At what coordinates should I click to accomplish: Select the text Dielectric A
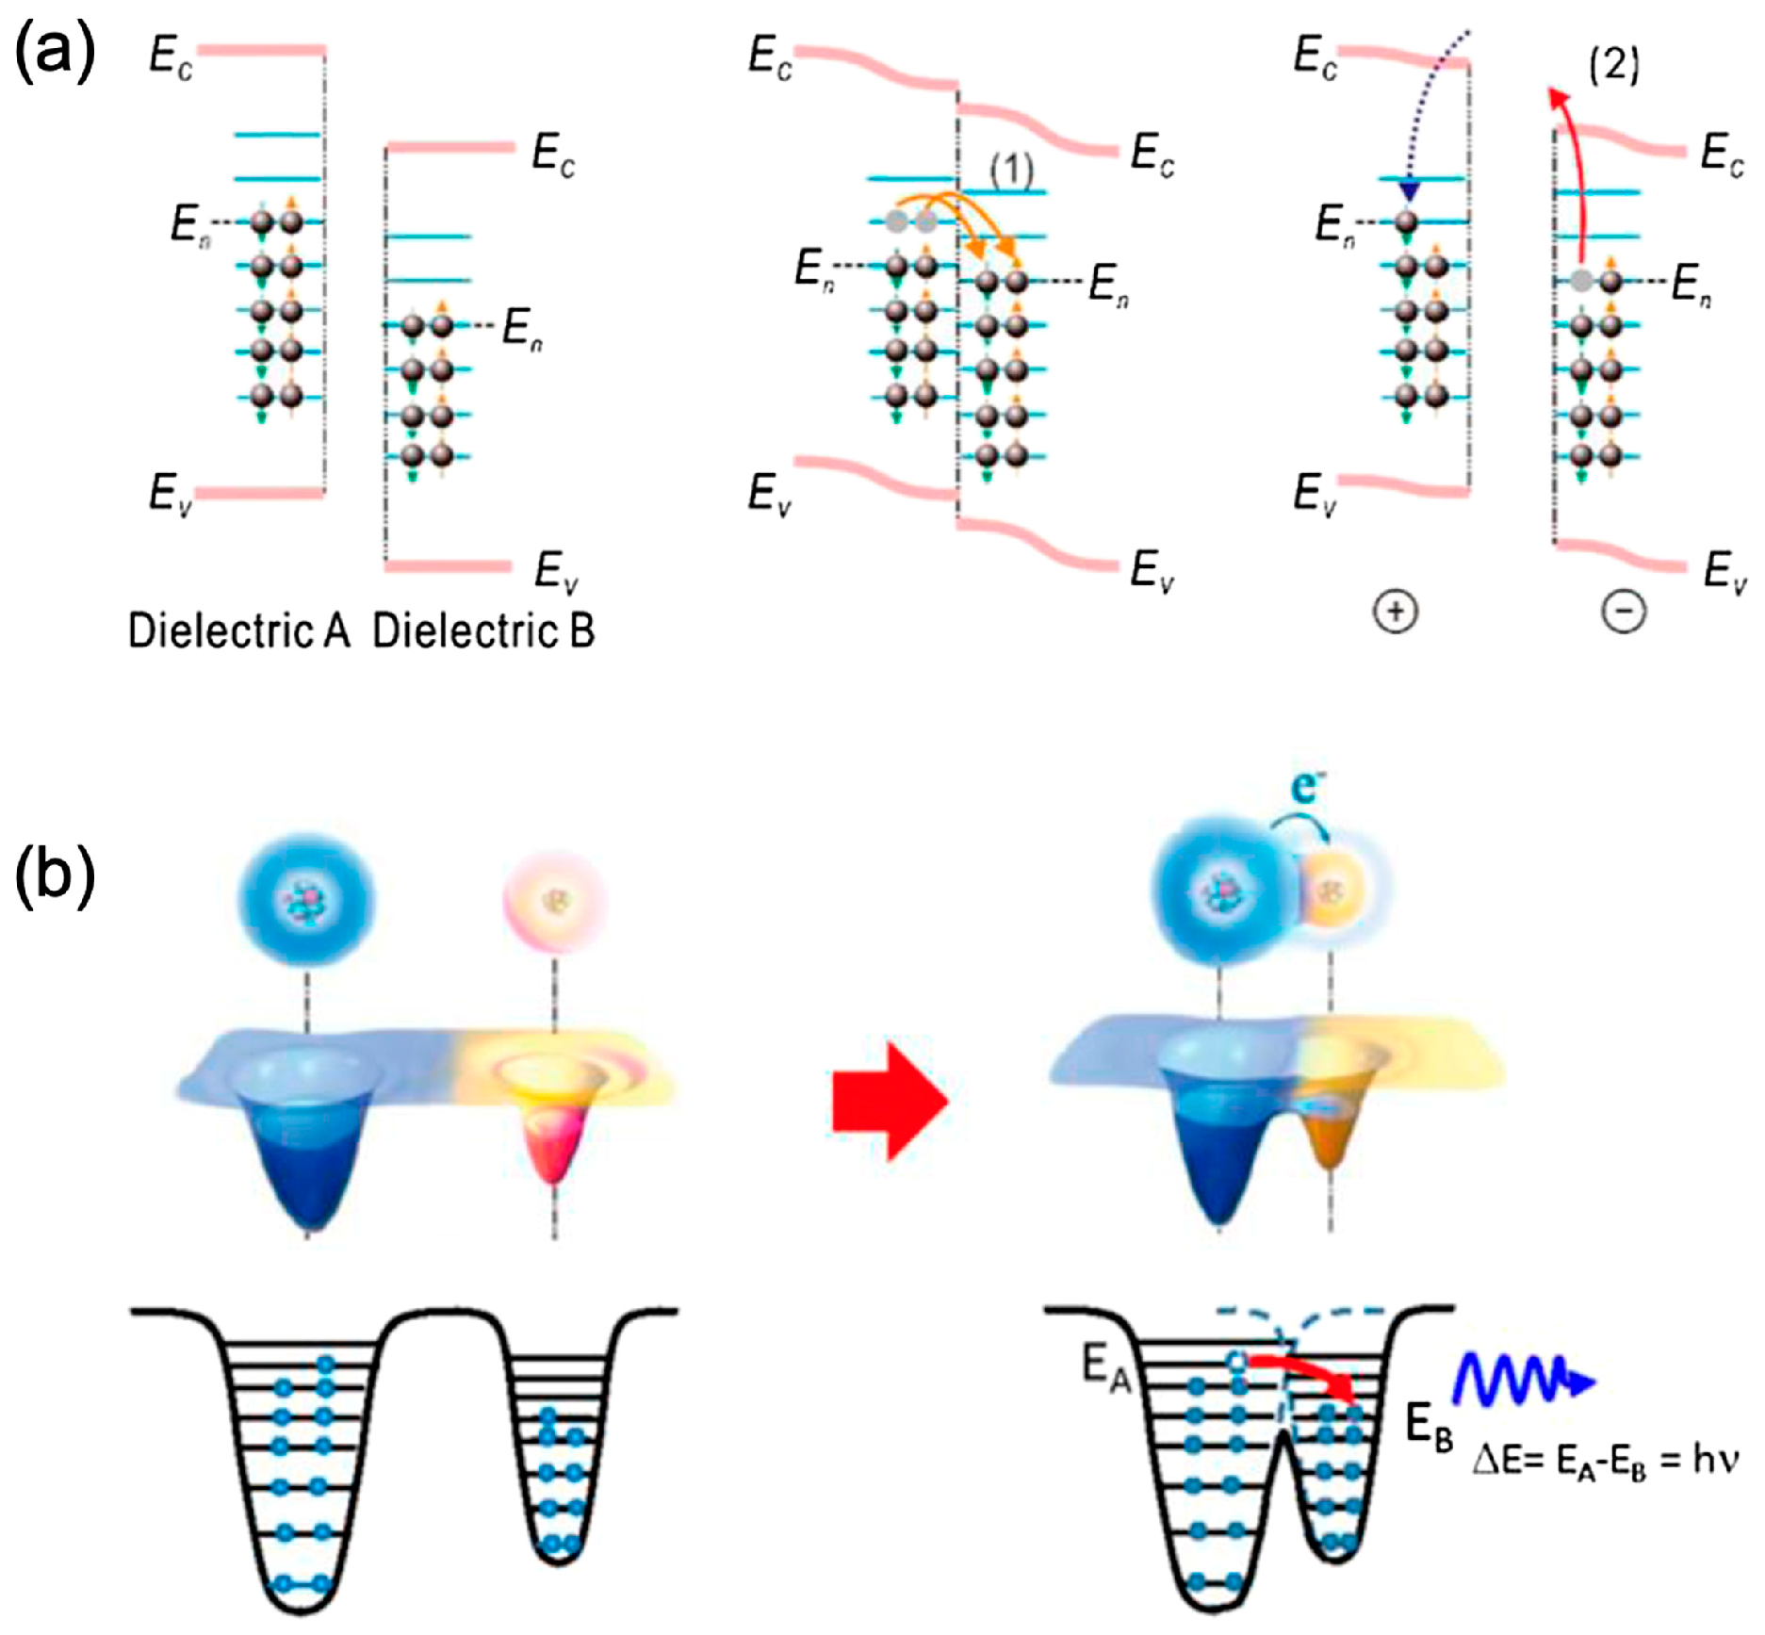click(238, 631)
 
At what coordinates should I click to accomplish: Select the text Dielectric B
click(483, 631)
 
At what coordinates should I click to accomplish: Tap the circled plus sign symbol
click(1396, 612)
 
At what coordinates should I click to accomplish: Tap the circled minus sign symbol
click(1624, 612)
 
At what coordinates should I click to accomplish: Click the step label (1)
click(1011, 171)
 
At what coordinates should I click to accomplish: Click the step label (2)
click(1614, 65)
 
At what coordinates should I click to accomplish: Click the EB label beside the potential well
click(1429, 1424)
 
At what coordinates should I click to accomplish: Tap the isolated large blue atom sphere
click(307, 900)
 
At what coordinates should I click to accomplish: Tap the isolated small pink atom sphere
click(553, 900)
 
